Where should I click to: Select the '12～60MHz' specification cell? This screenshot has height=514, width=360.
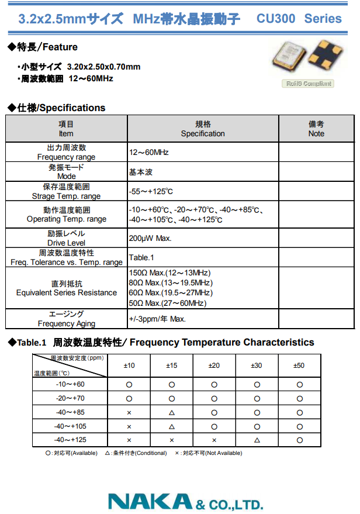(149, 152)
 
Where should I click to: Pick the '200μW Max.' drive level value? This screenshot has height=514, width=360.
(150, 238)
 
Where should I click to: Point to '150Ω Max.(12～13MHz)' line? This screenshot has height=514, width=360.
(169, 273)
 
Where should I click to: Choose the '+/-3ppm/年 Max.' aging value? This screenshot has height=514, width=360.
(157, 319)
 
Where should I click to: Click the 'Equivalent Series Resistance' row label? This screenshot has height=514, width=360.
(67, 292)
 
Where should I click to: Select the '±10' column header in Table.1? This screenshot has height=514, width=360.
(129, 365)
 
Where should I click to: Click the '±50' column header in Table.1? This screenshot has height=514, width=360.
(299, 365)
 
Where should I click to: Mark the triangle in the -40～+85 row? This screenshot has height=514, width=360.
(172, 412)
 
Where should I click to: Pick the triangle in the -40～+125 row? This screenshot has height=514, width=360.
(257, 440)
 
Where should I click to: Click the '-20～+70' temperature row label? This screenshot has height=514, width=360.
(70, 398)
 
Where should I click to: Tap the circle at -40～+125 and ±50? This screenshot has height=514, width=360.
(299, 440)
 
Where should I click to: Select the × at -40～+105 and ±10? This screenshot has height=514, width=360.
(129, 426)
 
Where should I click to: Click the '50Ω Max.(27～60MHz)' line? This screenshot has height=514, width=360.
(168, 303)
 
